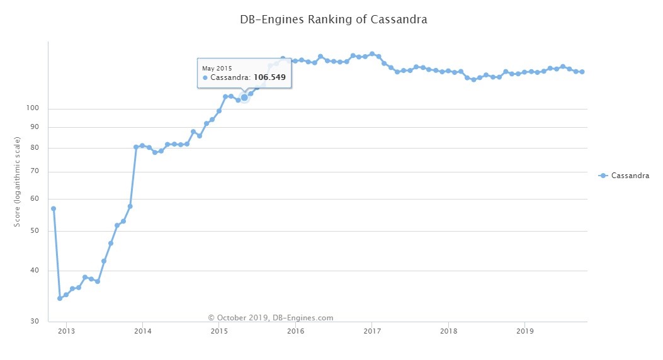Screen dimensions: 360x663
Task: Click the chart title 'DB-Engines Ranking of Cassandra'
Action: pos(334,20)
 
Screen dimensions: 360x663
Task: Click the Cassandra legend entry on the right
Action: pos(624,176)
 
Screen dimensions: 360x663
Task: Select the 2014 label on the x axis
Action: pos(143,330)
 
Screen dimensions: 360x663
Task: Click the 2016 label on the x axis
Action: pos(295,330)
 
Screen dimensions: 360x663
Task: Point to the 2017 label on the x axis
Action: pos(372,330)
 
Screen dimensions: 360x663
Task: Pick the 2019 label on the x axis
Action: pos(524,330)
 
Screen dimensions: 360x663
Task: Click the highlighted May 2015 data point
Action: pos(244,98)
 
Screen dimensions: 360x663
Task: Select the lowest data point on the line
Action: pos(60,298)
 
